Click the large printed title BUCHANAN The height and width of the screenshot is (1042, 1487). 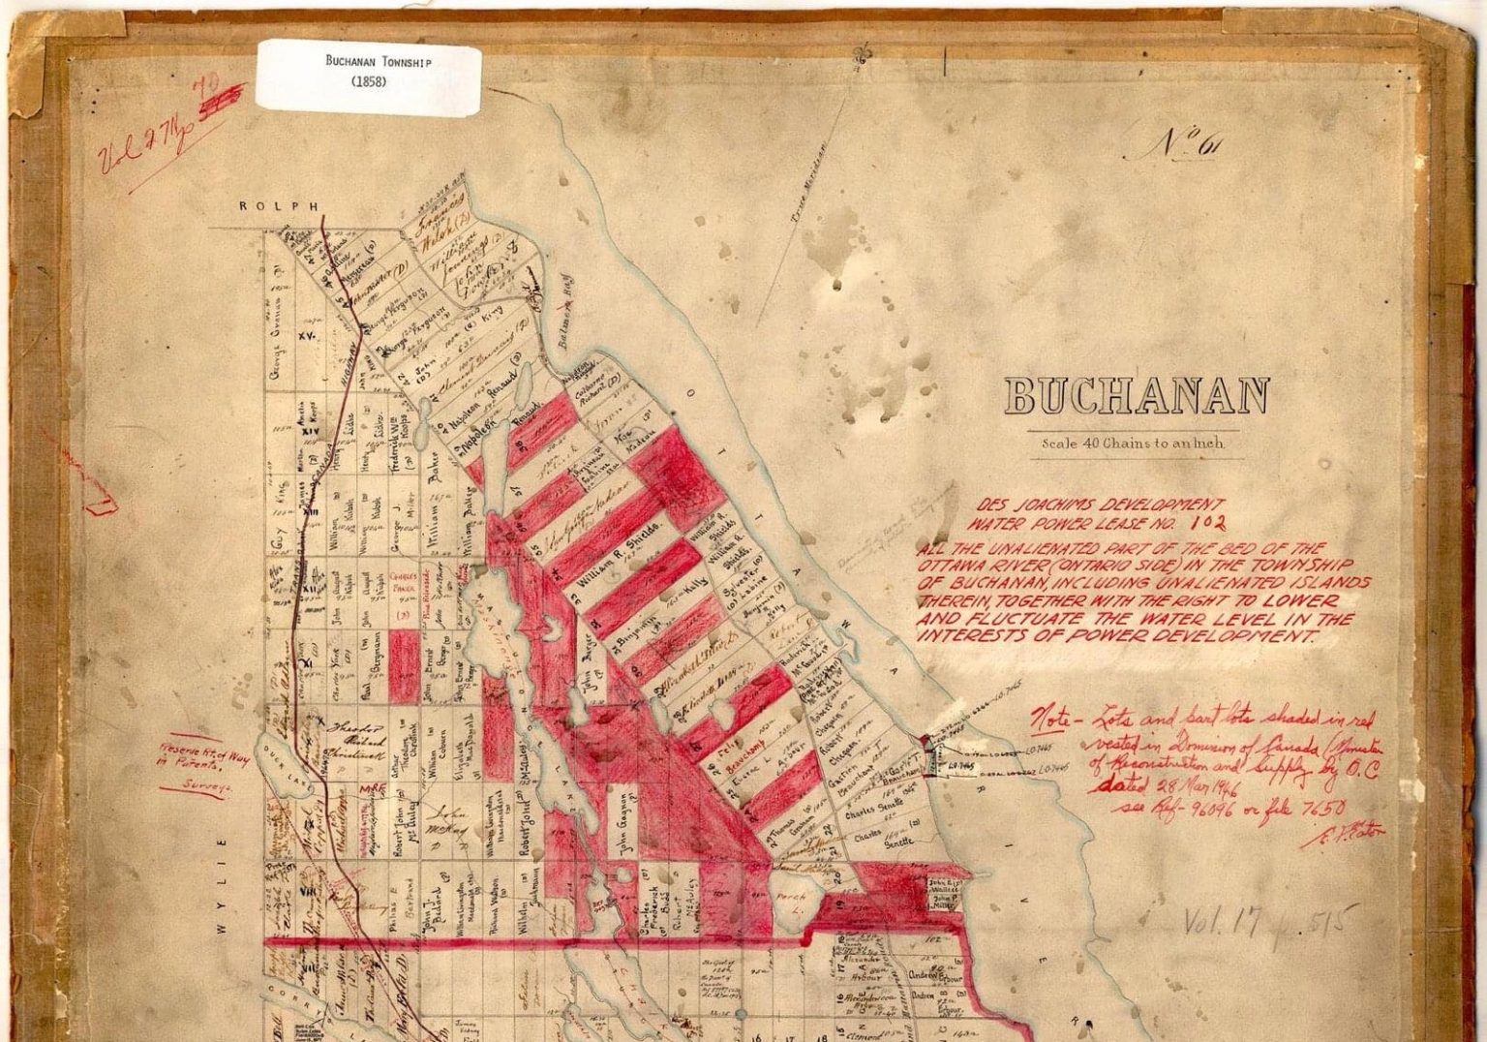[1136, 396]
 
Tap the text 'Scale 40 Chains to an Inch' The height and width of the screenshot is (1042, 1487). [1133, 444]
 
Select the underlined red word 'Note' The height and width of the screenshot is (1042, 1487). [1049, 720]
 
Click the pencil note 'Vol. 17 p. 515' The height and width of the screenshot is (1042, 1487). [1268, 921]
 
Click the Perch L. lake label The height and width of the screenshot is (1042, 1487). [784, 903]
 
